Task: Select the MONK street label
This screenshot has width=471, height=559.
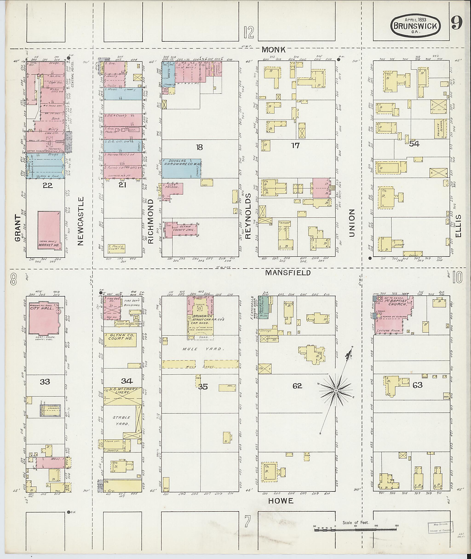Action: pyautogui.click(x=273, y=49)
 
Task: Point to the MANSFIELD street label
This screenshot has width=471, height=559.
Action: pyautogui.click(x=288, y=272)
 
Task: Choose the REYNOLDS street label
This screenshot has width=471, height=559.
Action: pyautogui.click(x=248, y=216)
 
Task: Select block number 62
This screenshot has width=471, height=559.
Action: pyautogui.click(x=297, y=386)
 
